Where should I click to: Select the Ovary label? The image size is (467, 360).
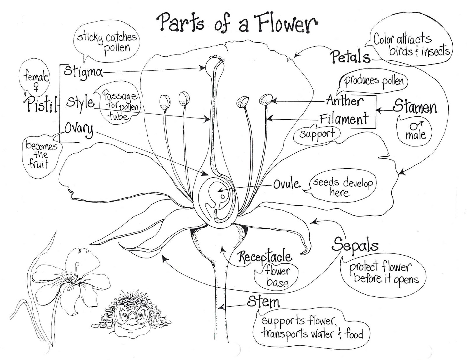79,129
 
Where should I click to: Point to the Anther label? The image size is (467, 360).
345,101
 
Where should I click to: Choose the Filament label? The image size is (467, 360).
344,119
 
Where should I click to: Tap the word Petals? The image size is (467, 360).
350,56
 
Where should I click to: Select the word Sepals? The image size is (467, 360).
355,244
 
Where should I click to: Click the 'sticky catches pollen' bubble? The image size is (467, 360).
107,42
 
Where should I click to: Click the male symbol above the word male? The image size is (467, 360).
416,125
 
